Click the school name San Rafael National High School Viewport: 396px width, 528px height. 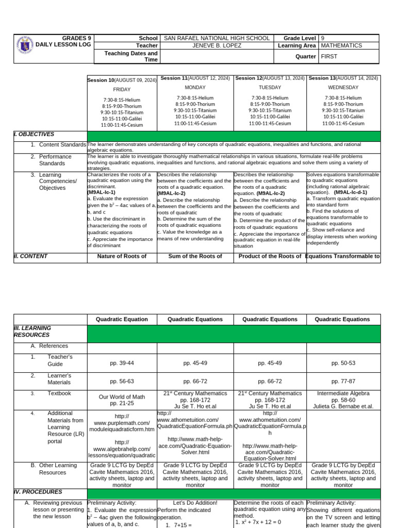(216, 38)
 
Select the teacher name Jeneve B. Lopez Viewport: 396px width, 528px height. (216, 45)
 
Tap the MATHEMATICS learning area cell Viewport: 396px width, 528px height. (341, 45)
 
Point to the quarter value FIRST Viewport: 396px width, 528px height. (329, 57)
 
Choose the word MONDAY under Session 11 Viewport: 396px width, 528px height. (196, 88)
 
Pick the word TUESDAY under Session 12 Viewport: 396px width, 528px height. (270, 88)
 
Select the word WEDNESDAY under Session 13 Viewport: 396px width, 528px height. (343, 88)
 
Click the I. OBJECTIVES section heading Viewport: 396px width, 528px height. (34, 134)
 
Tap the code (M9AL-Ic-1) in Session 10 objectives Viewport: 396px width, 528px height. (101, 192)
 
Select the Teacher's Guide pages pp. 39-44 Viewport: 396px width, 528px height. (122, 364)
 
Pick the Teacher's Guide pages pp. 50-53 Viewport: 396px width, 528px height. (343, 364)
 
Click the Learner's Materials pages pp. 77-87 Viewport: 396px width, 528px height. (343, 382)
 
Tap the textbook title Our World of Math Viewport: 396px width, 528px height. (122, 397)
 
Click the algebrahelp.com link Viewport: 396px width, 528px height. (122, 449)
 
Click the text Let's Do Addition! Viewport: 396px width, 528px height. (195, 503)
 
